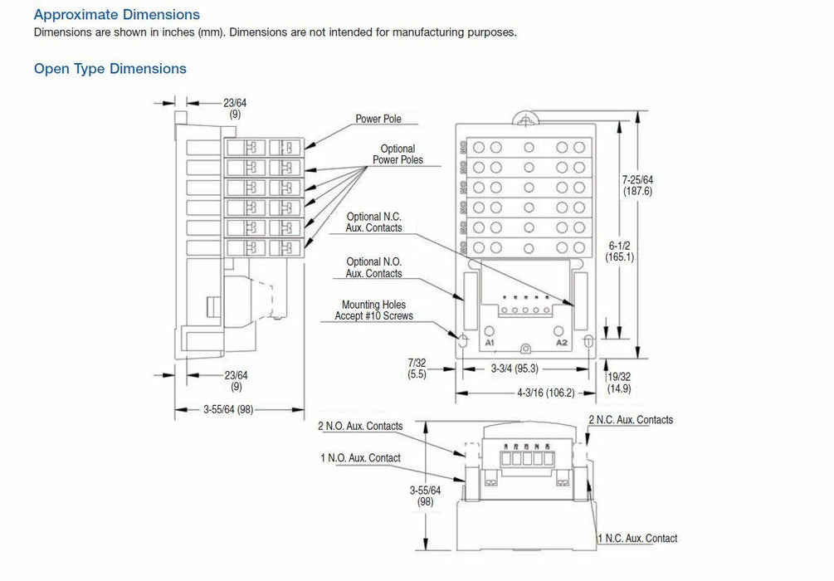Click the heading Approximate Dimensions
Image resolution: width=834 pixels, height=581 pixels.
(116, 15)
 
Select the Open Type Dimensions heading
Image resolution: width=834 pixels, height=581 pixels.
(110, 69)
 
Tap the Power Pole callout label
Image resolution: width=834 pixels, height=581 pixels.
(378, 119)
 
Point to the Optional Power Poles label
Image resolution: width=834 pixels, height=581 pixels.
(397, 154)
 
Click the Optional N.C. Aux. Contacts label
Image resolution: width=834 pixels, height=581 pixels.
(374, 222)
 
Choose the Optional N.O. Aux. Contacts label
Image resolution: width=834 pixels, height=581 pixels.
(374, 267)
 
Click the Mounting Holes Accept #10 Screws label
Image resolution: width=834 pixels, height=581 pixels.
(373, 310)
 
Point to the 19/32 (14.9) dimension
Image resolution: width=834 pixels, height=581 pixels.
(619, 381)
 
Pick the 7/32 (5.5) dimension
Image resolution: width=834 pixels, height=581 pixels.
(417, 369)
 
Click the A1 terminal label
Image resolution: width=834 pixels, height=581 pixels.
(490, 342)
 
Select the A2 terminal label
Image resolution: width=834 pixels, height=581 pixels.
(561, 342)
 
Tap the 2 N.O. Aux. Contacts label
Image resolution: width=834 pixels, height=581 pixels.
(360, 427)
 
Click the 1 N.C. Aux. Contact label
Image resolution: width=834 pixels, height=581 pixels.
(637, 539)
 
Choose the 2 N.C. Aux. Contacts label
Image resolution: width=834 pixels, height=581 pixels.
(631, 420)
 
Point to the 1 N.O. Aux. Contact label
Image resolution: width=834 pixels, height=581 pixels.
(360, 458)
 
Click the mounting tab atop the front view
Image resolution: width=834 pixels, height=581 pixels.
(524, 118)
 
